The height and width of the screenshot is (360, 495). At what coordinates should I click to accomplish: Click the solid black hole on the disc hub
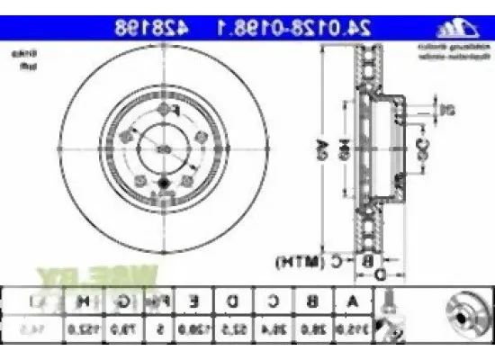tap(163, 186)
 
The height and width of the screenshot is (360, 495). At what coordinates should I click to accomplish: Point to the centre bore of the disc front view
tap(163, 148)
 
